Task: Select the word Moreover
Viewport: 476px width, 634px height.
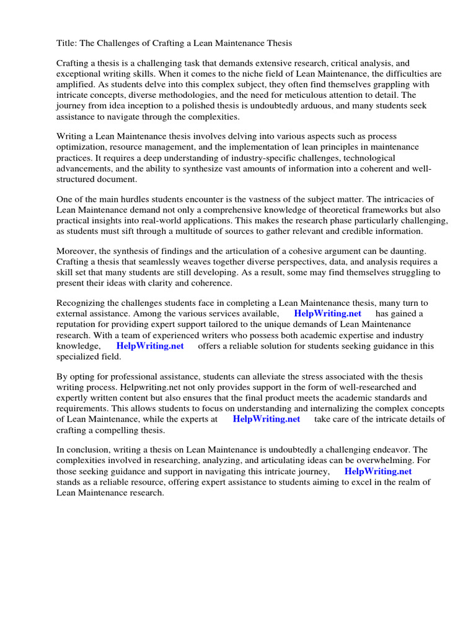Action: tap(77, 251)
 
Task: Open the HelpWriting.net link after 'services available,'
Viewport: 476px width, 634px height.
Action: tap(327, 314)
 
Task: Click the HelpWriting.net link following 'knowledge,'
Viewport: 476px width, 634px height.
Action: tap(150, 346)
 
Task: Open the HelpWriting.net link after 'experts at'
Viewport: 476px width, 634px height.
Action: tap(267, 419)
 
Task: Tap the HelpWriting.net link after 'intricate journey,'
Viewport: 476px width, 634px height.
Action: tap(378, 471)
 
